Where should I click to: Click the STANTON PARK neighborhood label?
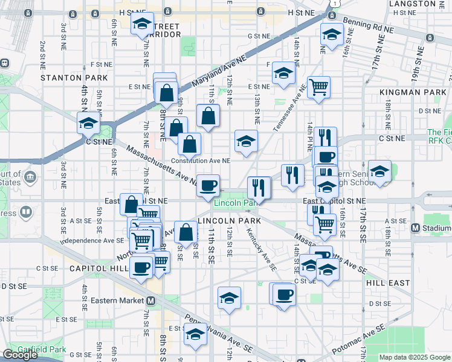(74, 78)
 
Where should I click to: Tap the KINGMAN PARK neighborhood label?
(413, 92)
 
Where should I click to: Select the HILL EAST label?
(387, 282)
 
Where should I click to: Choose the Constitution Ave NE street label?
(201, 160)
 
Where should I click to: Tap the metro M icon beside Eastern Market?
(151, 300)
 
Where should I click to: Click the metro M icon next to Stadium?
(415, 228)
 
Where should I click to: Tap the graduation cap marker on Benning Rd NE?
(331, 35)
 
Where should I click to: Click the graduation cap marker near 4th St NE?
(88, 123)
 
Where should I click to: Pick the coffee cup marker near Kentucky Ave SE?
(283, 294)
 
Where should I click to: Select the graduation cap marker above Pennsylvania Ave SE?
(195, 335)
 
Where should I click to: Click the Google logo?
(21, 355)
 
